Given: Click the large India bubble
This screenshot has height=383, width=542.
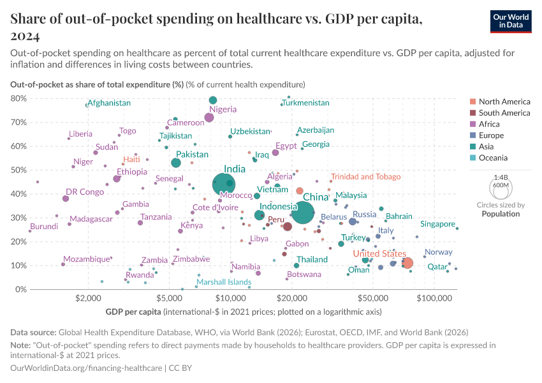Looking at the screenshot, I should (223, 184).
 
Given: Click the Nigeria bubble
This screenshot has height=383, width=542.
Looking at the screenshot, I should (209, 117).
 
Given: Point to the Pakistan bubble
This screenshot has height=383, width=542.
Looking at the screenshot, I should (176, 163).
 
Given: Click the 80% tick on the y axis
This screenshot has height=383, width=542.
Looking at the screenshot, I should (18, 98).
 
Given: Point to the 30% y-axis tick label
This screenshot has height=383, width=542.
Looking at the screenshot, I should (18, 218).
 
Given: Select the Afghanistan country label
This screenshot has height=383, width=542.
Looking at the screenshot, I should (109, 103).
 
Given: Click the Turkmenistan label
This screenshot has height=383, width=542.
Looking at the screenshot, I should (306, 103).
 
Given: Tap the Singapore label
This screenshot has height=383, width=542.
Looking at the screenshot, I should (437, 224).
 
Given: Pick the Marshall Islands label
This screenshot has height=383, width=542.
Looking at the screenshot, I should (224, 282).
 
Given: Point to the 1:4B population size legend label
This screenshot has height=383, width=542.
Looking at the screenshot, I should (500, 178).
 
